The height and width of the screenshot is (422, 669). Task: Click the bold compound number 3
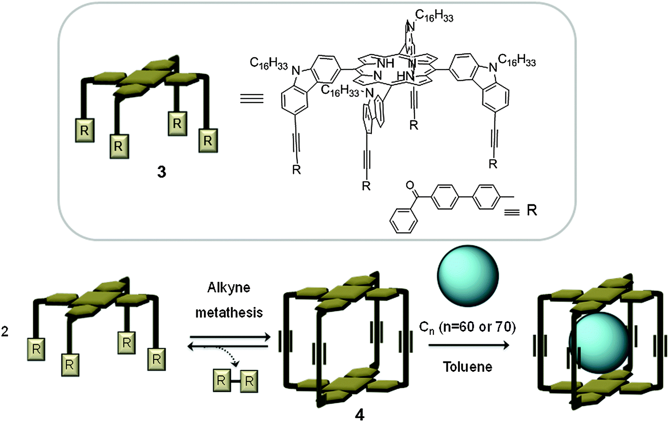pos(162,172)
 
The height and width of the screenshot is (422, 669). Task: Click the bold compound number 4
pos(359,414)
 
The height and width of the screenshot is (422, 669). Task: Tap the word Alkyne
pos(229,288)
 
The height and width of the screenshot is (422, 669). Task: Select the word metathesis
pos(229,313)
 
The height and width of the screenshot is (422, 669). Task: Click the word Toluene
pos(468,367)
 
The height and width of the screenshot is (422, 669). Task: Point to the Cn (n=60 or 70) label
pos(467,327)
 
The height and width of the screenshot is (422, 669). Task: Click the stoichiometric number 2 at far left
pos(5,331)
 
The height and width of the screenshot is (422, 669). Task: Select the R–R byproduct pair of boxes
pos(235,381)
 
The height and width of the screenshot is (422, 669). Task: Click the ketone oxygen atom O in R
pos(410,185)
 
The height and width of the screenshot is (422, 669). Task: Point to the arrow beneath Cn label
pos(469,345)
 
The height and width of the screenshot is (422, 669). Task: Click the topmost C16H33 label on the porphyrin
pos(434,16)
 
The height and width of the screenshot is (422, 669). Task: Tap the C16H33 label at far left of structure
pos(269,64)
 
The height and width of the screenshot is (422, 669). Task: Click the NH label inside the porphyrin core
pos(385,63)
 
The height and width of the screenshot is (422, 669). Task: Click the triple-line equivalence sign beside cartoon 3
pos(252,98)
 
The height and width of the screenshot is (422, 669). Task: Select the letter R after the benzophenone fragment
pos(532,210)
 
